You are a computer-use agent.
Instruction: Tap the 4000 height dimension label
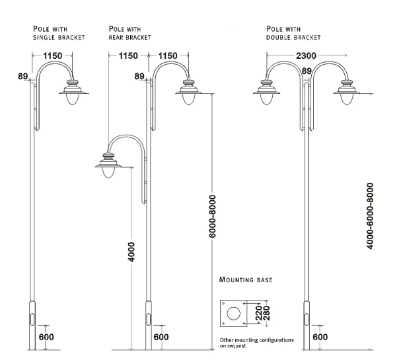tap(133, 248)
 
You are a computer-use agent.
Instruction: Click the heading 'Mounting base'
tap(245, 281)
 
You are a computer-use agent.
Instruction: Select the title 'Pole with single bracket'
tap(59, 33)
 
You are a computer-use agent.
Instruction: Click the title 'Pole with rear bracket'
tap(129, 33)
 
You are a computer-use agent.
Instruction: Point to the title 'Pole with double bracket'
tap(293, 33)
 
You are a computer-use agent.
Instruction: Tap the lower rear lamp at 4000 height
tap(107, 166)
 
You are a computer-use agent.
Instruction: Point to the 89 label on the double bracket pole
tap(306, 71)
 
